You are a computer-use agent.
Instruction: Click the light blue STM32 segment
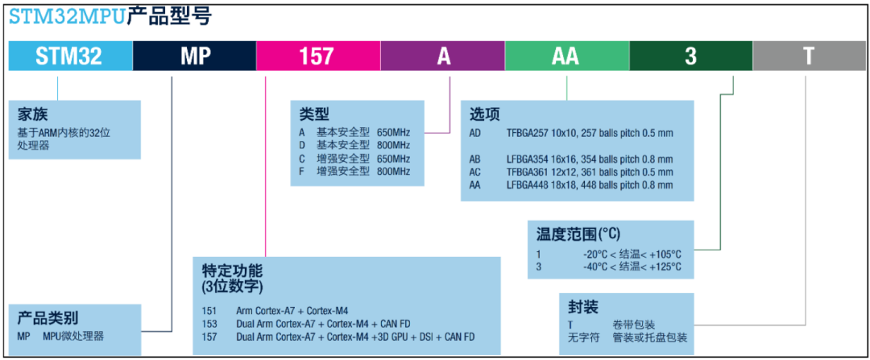[x=70, y=56]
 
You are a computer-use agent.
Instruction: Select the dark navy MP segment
[x=194, y=56]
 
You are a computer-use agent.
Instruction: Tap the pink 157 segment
[x=318, y=56]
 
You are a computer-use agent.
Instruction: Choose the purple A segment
[x=443, y=56]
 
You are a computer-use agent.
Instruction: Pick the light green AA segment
[x=567, y=56]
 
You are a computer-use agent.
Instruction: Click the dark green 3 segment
[x=691, y=56]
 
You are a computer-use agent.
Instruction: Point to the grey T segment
[x=810, y=56]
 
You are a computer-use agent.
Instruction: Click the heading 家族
[x=32, y=115]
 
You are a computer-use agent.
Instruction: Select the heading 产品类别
[x=48, y=318]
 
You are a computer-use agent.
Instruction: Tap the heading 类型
[x=314, y=114]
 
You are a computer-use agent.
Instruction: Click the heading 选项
[x=485, y=114]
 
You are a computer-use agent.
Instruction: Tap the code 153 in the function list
[x=209, y=324]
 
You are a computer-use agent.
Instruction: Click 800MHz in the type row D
[x=393, y=145]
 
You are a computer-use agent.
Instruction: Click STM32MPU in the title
[x=66, y=17]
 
